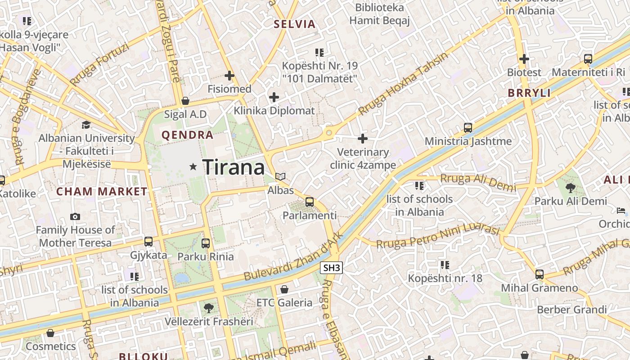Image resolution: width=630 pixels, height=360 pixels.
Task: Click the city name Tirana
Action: coord(234,167)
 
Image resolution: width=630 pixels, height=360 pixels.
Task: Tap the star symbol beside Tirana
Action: coord(193,167)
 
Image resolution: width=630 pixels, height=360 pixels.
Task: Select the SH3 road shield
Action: coord(332,268)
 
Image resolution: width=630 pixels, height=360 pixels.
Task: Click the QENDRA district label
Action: coord(187,135)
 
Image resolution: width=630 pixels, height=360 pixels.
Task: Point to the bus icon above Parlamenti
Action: coord(310,202)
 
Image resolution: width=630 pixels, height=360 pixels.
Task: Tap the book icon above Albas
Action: coord(280,177)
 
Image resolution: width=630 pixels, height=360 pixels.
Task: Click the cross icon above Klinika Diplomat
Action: coord(274,97)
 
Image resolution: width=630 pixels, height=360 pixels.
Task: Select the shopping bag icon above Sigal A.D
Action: coord(185,101)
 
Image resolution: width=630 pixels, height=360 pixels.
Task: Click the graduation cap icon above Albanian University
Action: coord(86,125)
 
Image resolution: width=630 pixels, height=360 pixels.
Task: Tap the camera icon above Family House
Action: coord(75,216)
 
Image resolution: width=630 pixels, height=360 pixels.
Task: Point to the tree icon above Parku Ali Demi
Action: coord(571,188)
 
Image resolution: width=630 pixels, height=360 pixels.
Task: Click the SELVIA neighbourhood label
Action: coord(295,24)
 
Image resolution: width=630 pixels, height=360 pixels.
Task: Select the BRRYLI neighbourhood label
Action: coord(529,93)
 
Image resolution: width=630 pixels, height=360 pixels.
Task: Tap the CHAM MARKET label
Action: coord(102,192)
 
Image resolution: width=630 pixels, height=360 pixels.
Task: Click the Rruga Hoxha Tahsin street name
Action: coord(404,84)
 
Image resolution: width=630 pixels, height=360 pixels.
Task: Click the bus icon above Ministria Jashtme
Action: coord(468,128)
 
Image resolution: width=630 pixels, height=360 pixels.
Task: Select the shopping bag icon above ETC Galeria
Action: coord(284,289)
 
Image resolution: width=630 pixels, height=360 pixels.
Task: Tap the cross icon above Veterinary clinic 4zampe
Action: coord(363,139)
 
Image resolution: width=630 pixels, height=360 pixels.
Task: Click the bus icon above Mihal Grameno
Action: coord(539,274)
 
